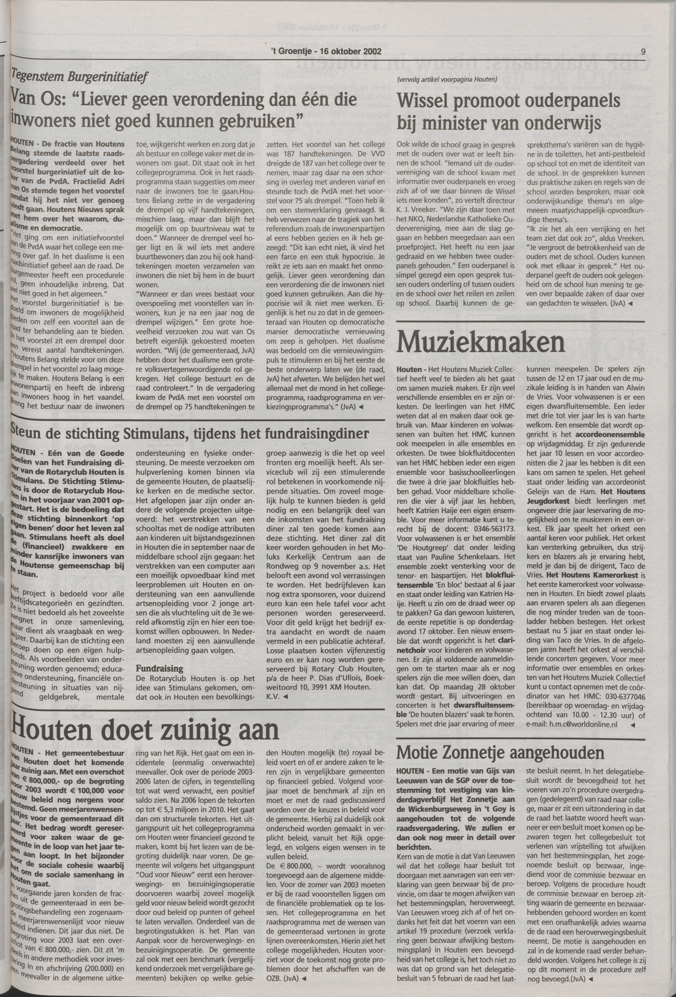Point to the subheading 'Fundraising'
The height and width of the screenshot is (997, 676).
coord(160,668)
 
